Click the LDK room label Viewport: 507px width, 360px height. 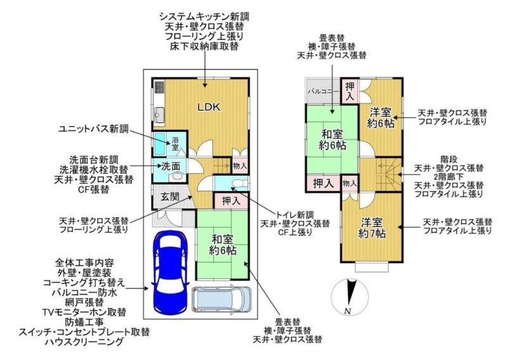coord(209,107)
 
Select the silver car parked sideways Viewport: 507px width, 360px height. coord(221,299)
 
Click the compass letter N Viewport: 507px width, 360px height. coord(348,311)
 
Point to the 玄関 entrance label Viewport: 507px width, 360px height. coord(170,196)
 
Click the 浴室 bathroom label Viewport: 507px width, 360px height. coord(175,144)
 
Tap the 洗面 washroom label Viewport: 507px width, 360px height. coord(170,166)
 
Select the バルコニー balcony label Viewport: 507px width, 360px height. coord(323,91)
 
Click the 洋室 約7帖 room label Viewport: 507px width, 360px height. coord(372,228)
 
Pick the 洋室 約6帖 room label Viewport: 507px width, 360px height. coord(381,118)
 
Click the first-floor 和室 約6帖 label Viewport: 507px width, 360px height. coord(222,245)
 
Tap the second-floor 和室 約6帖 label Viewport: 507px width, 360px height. coord(332,139)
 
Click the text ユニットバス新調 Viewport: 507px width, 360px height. coord(93,129)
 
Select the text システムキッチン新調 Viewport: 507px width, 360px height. coord(204,16)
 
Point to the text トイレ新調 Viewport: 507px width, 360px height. coord(294,214)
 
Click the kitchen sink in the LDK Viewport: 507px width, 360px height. coord(159,115)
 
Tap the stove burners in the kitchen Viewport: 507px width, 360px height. coord(160,87)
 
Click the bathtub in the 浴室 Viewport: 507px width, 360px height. coord(160,144)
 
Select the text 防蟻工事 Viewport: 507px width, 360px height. coord(84,322)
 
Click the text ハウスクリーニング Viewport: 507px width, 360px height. coord(84,342)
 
